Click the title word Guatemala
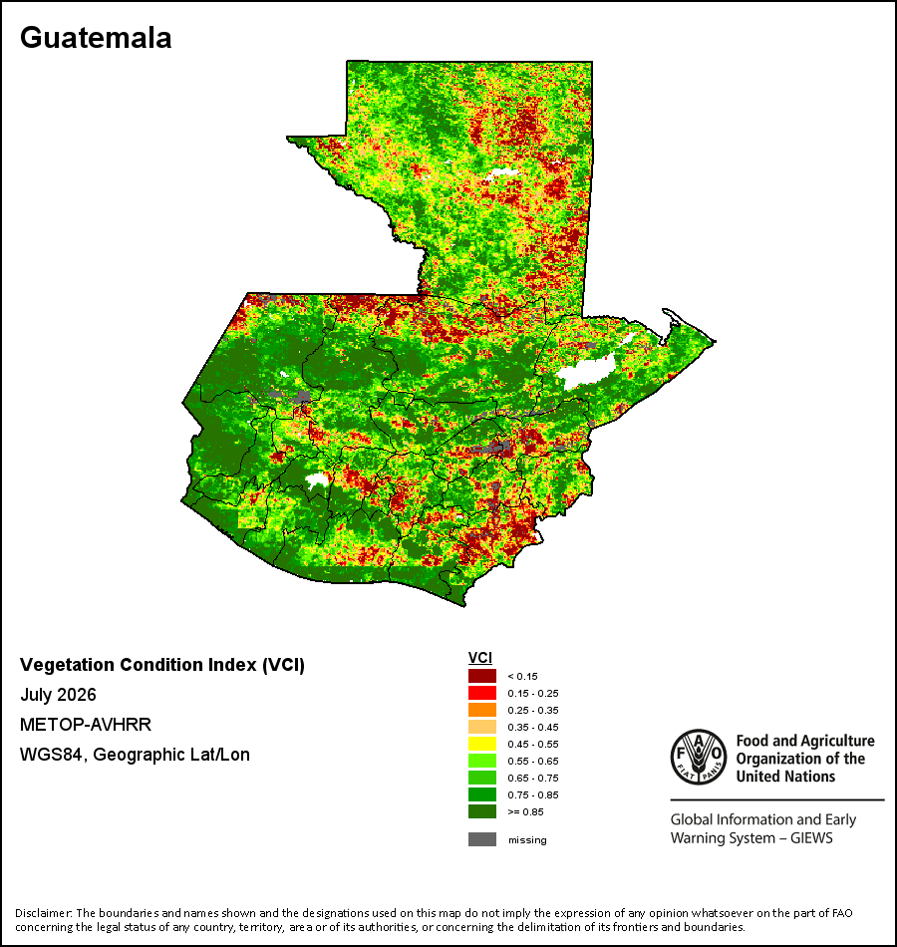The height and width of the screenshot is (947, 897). click(96, 38)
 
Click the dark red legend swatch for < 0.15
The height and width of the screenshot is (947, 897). click(482, 676)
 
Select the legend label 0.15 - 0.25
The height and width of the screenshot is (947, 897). click(533, 694)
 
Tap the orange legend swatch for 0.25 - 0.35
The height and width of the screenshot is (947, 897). click(482, 710)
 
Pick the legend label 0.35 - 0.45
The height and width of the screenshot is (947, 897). click(533, 727)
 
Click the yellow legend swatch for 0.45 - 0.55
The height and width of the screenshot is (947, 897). click(482, 744)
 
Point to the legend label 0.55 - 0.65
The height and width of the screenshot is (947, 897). click(533, 761)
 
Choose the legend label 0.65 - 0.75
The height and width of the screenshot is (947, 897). click(533, 778)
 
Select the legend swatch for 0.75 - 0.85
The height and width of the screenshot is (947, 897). click(482, 794)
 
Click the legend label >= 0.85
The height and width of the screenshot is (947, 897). click(525, 811)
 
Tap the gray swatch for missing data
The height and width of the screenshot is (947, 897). click(482, 839)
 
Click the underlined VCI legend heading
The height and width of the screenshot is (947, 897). click(480, 658)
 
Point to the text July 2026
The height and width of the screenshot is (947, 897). click(58, 695)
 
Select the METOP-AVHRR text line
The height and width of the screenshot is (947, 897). click(86, 724)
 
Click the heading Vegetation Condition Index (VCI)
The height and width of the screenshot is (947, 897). click(162, 665)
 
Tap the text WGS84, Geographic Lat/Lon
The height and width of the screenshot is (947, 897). click(135, 755)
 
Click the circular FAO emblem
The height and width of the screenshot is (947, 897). click(699, 757)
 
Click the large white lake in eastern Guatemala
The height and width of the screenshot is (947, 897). click(585, 370)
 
